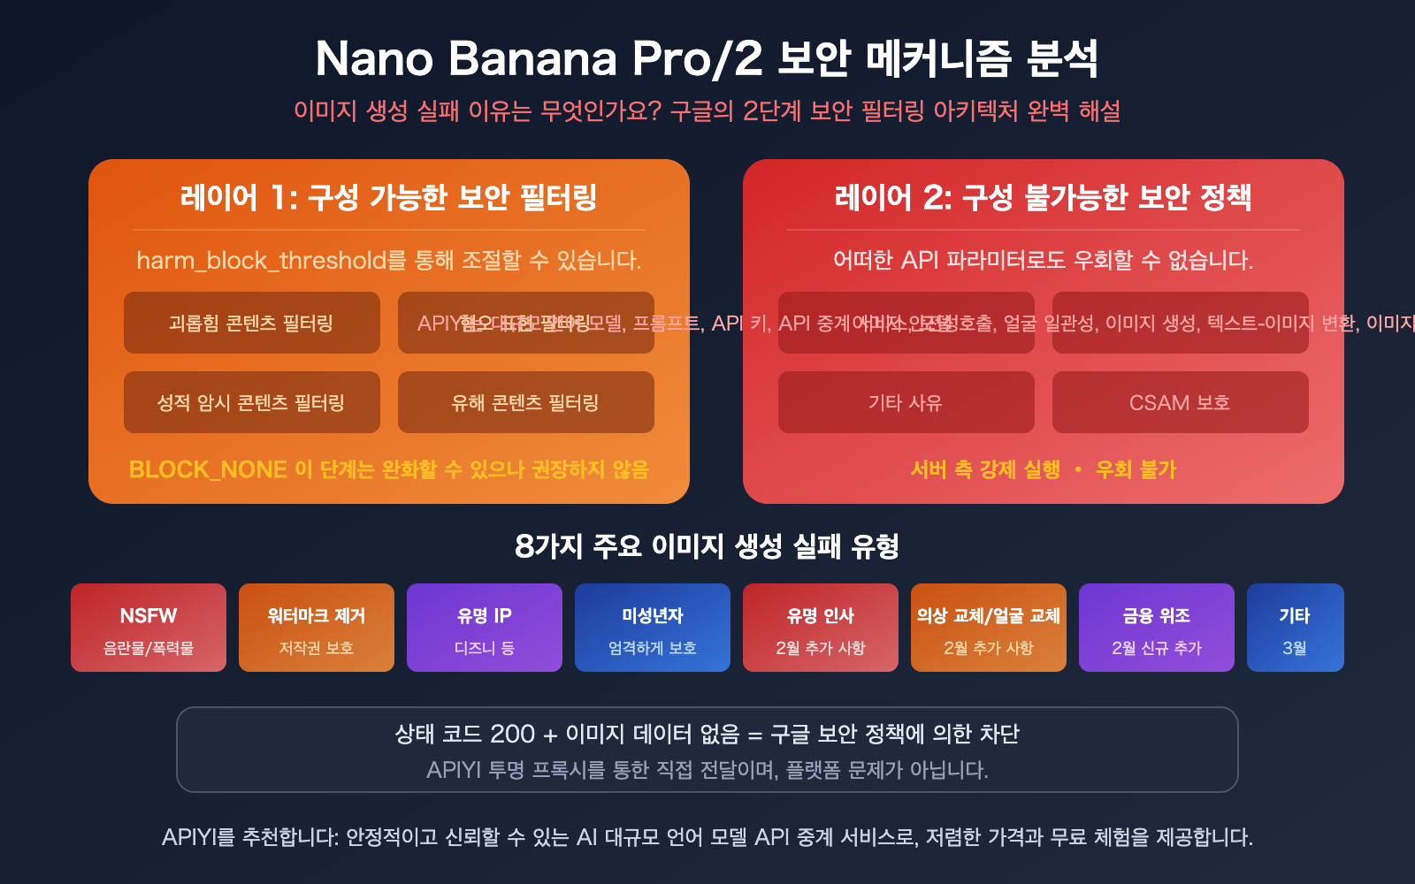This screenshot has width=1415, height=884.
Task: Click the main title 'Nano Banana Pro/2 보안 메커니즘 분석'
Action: [707, 59]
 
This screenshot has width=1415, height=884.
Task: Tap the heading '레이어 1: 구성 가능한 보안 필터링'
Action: [389, 197]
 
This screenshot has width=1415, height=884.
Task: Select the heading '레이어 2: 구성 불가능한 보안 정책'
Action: [1043, 197]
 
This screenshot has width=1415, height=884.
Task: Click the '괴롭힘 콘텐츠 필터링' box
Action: [251, 324]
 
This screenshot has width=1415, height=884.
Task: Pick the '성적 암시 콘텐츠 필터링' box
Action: [251, 403]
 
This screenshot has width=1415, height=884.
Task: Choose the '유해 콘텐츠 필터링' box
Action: [525, 403]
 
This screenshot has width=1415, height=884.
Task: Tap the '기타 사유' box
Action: [906, 403]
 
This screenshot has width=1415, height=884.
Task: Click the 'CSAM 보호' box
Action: [1180, 403]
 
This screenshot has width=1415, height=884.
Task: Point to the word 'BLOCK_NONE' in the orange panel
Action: [208, 469]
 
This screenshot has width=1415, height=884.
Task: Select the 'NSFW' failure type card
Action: [149, 628]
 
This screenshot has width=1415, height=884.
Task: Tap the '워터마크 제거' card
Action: [317, 628]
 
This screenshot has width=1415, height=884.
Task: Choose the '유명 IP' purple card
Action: [485, 628]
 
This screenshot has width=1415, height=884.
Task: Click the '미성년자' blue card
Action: [653, 628]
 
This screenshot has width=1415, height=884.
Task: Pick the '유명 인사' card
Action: [821, 628]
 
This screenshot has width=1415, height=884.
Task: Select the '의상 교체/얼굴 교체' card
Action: [989, 628]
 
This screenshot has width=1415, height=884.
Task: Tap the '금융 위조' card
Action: [1157, 628]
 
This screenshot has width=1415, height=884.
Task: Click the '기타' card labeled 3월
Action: [1295, 628]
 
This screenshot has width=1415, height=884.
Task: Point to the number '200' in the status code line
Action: [513, 734]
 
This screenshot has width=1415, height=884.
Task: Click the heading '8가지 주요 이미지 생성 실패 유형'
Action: [707, 546]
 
